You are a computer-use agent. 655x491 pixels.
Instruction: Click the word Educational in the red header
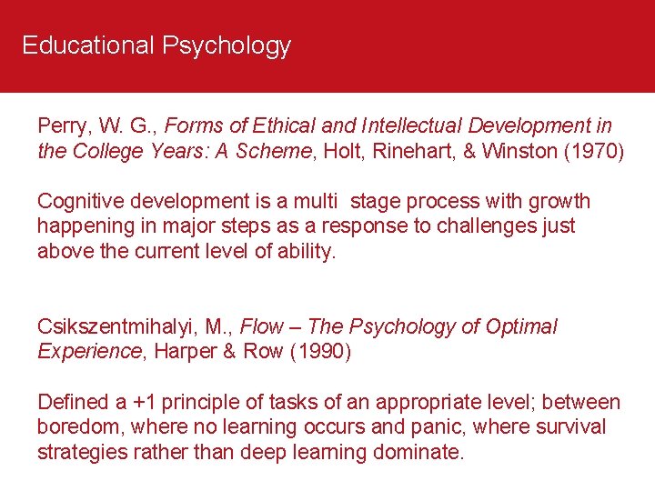(x=87, y=45)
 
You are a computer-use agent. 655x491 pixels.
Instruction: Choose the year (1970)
(x=594, y=151)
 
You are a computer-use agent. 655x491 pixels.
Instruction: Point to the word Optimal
(x=520, y=326)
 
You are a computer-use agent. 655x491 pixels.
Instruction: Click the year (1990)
(x=319, y=352)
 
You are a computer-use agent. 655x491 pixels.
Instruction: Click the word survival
(x=570, y=427)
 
